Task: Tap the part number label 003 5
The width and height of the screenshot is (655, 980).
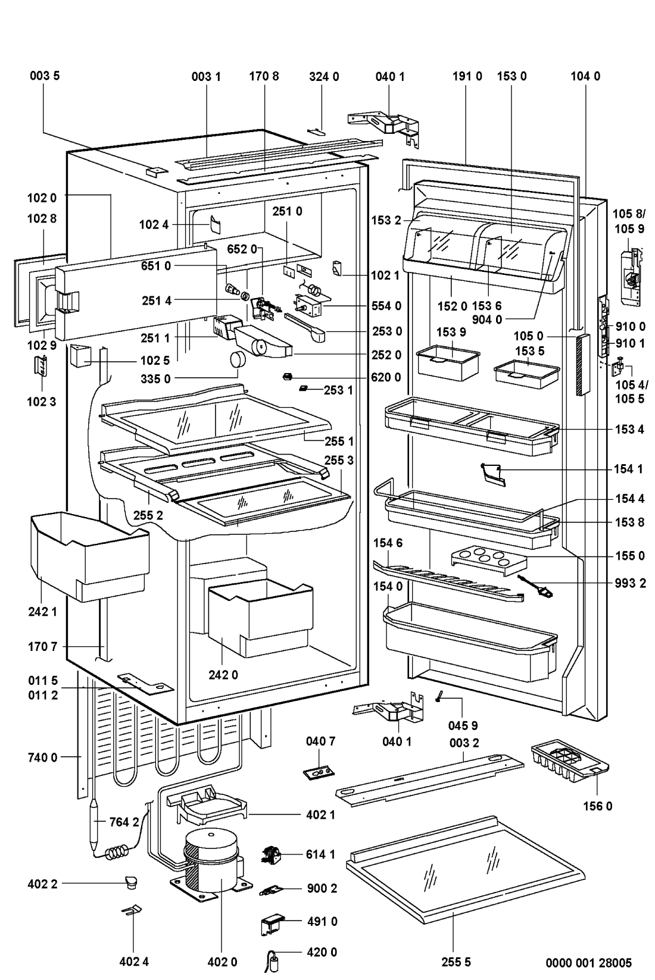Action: click(44, 76)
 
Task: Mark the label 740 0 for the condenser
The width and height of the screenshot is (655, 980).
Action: click(42, 757)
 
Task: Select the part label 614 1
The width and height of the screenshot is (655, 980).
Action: click(322, 854)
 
